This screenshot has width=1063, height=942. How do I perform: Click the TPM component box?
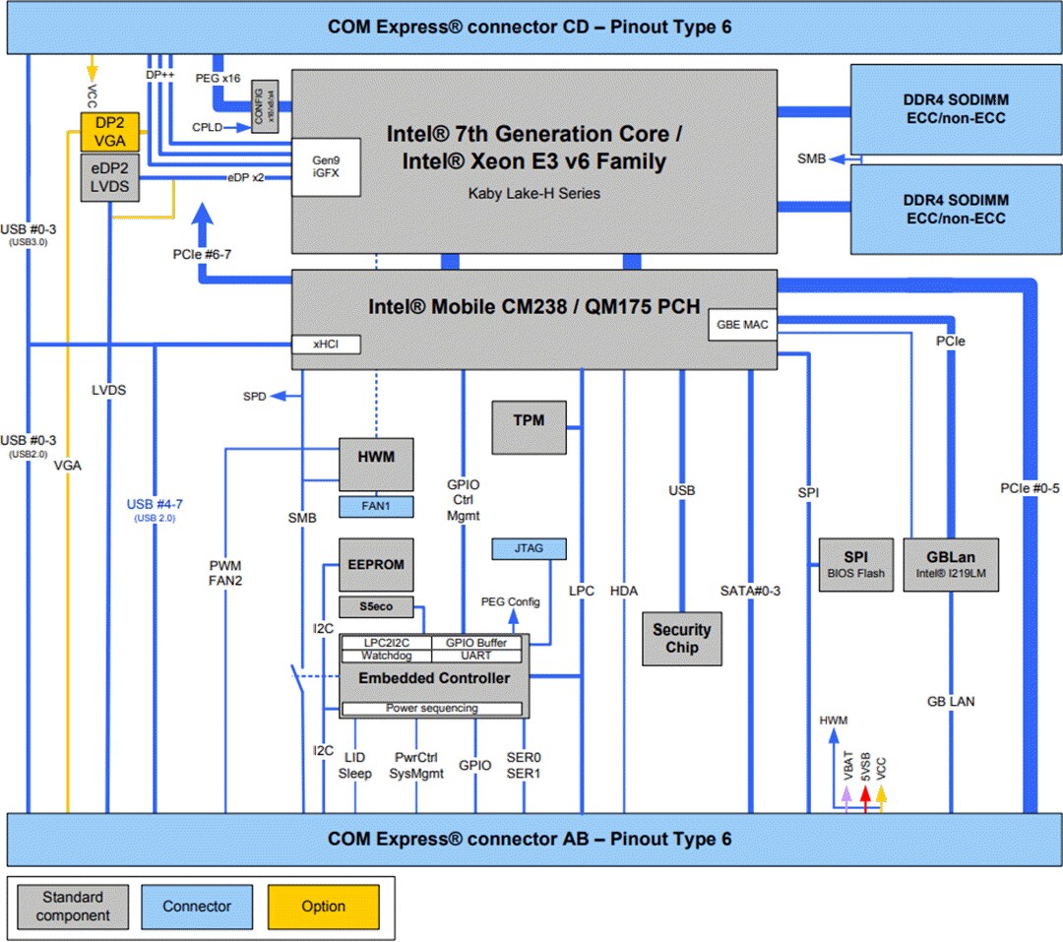point(530,426)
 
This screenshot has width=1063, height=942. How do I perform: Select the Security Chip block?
point(681,639)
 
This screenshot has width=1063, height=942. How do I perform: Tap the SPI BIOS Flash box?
point(856,564)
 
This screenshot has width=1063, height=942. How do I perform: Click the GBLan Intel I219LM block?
point(950,564)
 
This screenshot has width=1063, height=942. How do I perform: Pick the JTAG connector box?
point(530,548)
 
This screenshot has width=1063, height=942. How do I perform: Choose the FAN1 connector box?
point(376,506)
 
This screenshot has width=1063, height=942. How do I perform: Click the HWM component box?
point(376,464)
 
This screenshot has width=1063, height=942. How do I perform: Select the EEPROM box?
point(376,565)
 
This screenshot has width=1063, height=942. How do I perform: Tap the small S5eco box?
point(376,606)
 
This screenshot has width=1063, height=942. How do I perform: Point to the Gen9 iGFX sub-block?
point(325,166)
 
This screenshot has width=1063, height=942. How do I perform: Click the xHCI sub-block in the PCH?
point(326,345)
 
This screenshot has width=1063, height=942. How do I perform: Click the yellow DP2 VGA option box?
point(110,131)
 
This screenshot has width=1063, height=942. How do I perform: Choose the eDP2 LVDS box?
point(110,177)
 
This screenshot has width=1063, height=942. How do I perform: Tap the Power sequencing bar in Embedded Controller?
point(431,708)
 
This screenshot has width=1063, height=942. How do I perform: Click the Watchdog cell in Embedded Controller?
point(385,655)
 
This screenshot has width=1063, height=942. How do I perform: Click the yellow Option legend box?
point(323,907)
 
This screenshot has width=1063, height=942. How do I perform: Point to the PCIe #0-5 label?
point(1030,489)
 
